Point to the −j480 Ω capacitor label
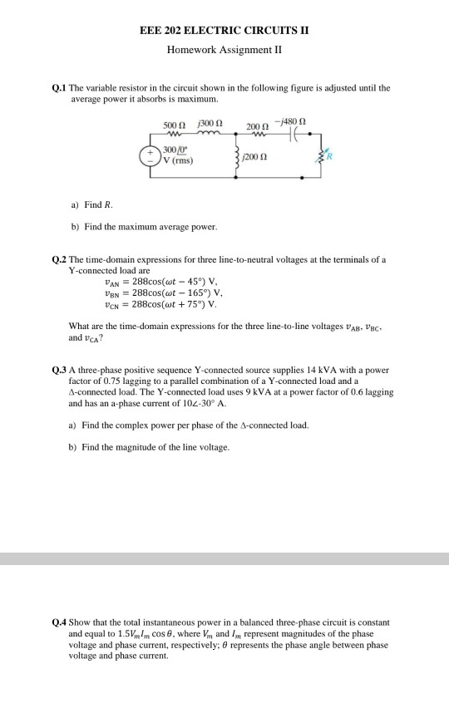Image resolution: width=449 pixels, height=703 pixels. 295,124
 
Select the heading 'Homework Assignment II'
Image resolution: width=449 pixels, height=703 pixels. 224,48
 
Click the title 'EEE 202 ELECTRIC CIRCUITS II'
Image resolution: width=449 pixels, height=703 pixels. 224,29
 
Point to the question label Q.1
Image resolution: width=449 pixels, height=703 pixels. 59,87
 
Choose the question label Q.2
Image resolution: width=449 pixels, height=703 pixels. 59,259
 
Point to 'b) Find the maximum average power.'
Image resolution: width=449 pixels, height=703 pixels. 143,226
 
